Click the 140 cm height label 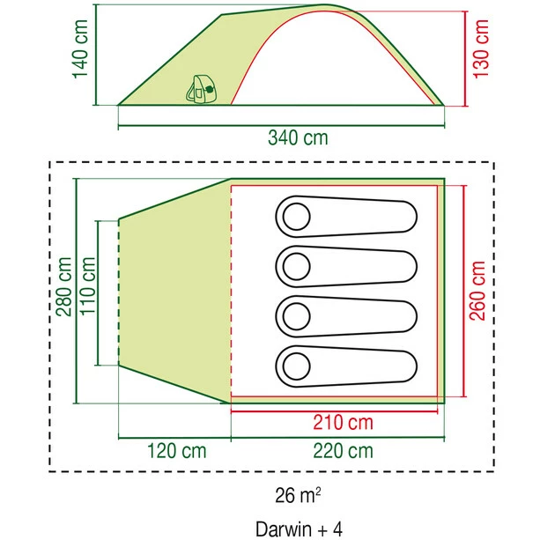80,49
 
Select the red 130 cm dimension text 481,49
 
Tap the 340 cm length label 298,137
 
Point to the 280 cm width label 64,286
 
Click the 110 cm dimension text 87,285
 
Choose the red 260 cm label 477,291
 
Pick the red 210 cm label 343,422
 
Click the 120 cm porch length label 177,451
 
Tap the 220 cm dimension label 343,451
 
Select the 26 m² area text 298,495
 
